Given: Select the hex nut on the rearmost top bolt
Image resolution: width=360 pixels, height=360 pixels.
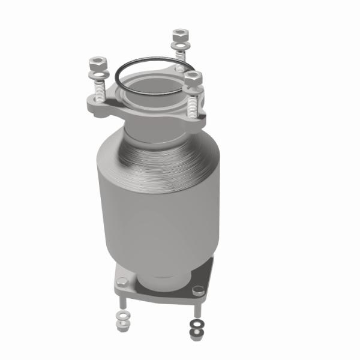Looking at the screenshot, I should pos(179,35).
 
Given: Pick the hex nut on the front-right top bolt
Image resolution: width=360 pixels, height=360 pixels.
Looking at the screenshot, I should pos(193,78).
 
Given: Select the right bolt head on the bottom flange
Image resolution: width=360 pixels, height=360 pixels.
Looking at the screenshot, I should pos(197,290).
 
